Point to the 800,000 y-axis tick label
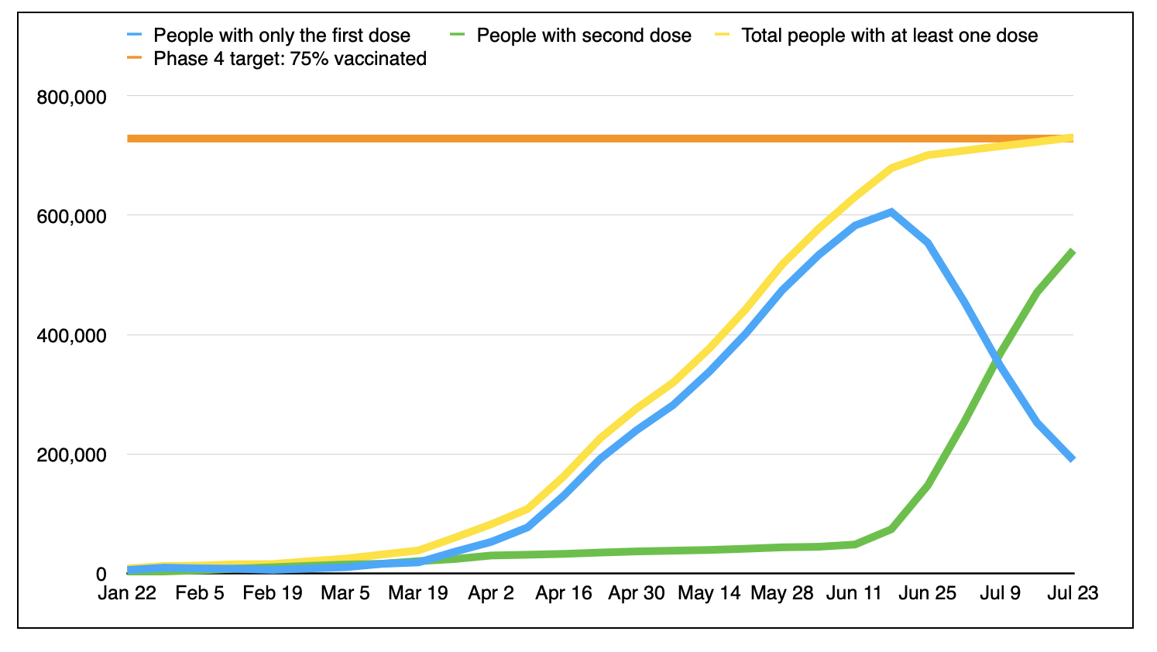71,98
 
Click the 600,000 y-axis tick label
71,217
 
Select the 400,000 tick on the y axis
71,336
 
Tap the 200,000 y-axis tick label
71,455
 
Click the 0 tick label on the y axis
101,575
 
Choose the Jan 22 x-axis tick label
127,593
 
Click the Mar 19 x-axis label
418,593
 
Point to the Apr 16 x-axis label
564,593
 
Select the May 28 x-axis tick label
782,593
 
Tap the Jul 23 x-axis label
1073,593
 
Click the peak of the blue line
891,211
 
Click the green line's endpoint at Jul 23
1073,251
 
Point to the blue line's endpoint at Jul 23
1073,459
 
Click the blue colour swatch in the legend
136,36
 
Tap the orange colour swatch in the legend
136,59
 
